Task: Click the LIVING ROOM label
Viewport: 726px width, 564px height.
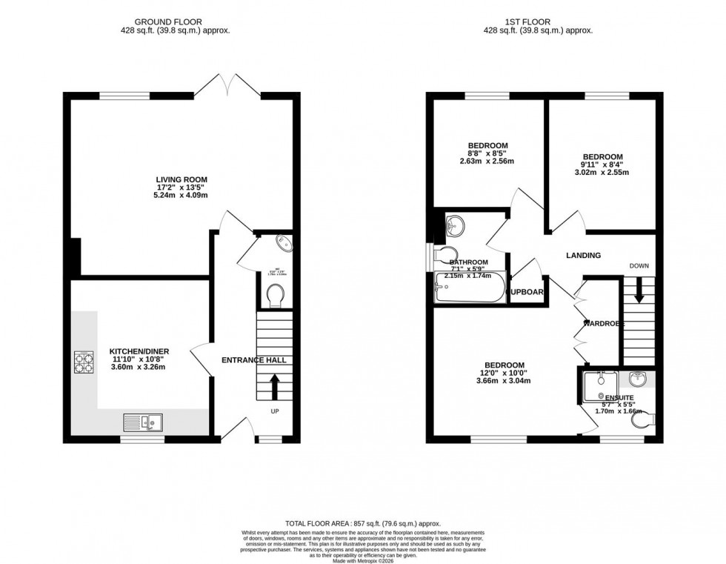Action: click(x=181, y=179)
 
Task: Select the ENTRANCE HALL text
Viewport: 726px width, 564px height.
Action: click(x=254, y=360)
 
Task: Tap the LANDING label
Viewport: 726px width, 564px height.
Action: click(x=583, y=256)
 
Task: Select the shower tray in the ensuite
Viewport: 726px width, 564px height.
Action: click(x=600, y=384)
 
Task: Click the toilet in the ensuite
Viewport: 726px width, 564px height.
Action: click(x=643, y=420)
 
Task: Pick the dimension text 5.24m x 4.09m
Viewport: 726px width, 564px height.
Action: click(x=181, y=196)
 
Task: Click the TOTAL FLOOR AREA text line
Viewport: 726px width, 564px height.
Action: click(x=363, y=523)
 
